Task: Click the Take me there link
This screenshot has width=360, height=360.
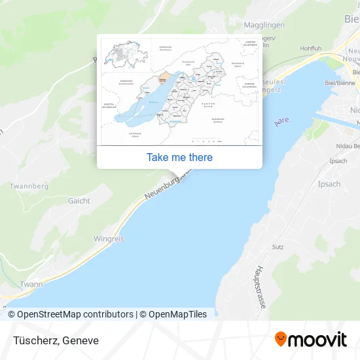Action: click(x=179, y=157)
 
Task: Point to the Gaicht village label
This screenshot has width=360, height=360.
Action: click(x=79, y=201)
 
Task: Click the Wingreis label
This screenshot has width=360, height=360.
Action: click(x=109, y=239)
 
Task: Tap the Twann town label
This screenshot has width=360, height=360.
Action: click(x=31, y=284)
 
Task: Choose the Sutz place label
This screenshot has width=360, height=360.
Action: click(x=278, y=247)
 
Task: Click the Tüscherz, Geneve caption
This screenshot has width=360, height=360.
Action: click(x=54, y=340)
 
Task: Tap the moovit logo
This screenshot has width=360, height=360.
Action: click(x=310, y=339)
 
